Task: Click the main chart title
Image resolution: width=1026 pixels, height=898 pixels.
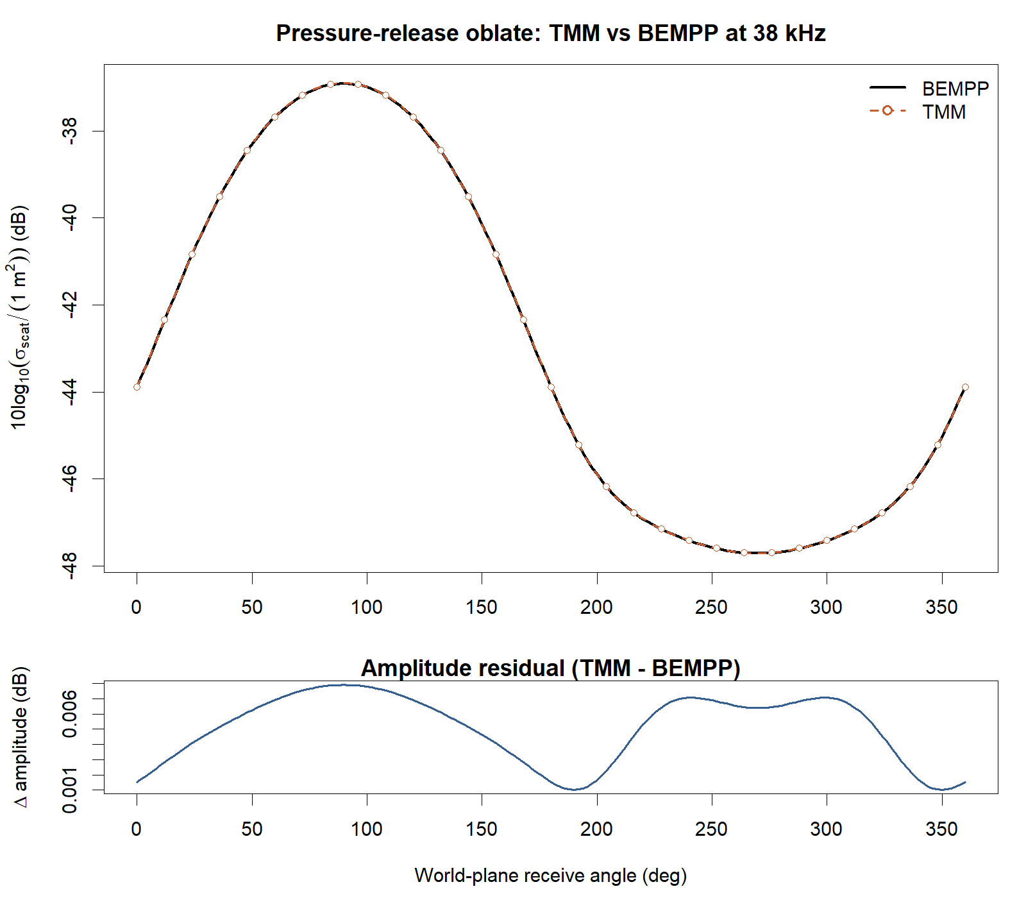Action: point(550,33)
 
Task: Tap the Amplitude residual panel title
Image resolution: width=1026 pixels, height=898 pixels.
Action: point(550,668)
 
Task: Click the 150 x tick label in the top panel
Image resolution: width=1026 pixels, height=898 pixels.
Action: point(482,607)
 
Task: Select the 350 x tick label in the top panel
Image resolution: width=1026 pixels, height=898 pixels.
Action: point(941,607)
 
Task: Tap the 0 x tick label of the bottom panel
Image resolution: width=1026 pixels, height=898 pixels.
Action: point(137,829)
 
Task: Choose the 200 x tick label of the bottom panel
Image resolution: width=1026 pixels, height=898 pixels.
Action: point(596,829)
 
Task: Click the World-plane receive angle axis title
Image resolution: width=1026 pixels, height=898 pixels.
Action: point(550,876)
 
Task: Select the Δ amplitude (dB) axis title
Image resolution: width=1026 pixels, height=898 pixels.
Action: point(21,738)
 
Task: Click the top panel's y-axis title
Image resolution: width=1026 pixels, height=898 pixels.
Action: point(21,318)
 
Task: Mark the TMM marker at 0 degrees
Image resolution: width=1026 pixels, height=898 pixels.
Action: point(137,387)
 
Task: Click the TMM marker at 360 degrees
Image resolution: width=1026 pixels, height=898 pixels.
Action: point(965,387)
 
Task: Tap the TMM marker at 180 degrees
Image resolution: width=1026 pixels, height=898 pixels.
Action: point(551,387)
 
